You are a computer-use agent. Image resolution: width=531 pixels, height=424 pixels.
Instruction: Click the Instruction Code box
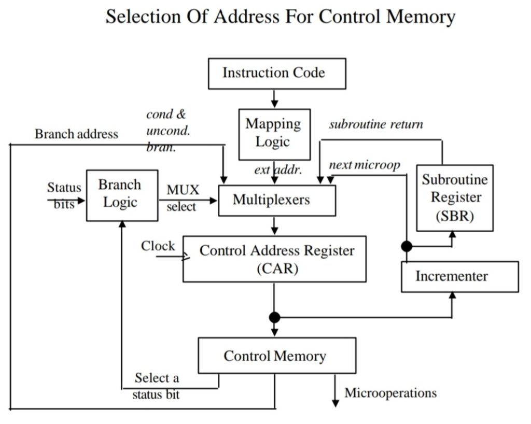coord(276,73)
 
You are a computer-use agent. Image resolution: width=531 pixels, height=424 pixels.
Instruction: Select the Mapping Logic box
coord(274,133)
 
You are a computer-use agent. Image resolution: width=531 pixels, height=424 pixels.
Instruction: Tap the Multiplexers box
coord(277,200)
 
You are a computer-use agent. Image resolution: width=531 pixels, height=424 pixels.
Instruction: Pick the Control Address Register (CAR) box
coord(275,259)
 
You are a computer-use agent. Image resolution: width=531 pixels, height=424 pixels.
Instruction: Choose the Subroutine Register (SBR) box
coord(455,197)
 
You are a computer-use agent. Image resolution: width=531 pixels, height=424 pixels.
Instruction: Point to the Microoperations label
coord(390,393)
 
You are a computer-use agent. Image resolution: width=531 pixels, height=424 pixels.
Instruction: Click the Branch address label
coord(76,134)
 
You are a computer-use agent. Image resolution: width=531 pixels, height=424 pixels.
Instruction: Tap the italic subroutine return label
coord(376,124)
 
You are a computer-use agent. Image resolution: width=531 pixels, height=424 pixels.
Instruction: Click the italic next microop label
coord(365,165)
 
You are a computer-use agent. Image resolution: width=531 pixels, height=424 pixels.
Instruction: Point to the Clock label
coord(158,246)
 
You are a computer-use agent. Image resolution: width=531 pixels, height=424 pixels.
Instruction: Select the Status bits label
coord(64,195)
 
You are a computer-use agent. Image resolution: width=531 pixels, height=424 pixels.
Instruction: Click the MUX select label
coord(182,198)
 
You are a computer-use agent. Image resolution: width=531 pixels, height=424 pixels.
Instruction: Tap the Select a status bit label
coord(156,386)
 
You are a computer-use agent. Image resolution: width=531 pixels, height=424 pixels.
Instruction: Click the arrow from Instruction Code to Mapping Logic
coord(274,98)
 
